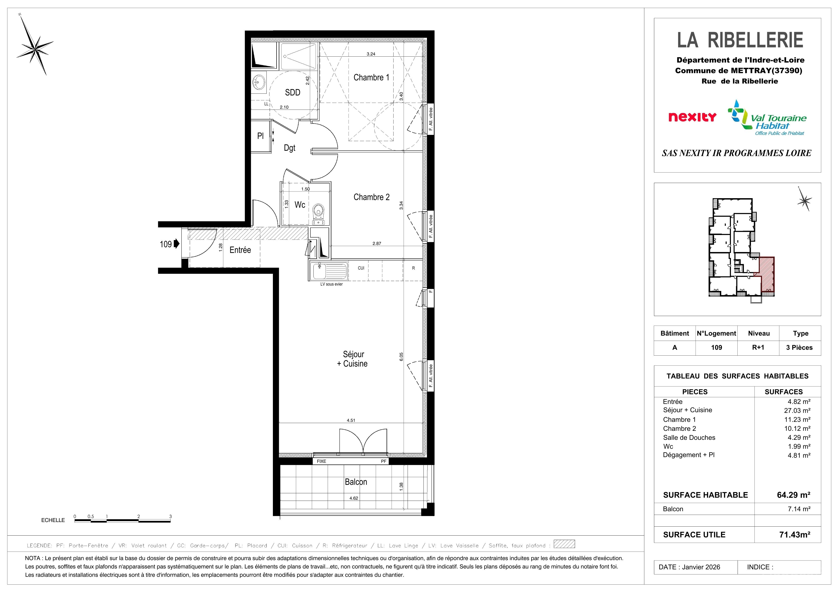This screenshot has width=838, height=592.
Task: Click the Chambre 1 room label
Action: [371, 77]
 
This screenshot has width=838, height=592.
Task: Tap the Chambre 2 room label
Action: [371, 197]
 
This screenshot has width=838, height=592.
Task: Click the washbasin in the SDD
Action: [259, 82]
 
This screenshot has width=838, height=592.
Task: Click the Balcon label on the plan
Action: [356, 482]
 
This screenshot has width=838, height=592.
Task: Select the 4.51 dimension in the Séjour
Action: [351, 420]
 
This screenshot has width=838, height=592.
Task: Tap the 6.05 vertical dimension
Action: [401, 357]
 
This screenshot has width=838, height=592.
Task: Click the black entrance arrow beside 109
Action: [177, 244]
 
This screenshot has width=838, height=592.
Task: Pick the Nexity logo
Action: [692, 117]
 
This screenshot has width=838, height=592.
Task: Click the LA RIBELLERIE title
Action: [740, 40]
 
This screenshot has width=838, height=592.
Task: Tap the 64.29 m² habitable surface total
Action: [794, 495]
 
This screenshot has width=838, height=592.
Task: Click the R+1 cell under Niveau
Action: [758, 347]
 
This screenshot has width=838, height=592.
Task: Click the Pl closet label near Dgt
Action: [260, 136]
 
